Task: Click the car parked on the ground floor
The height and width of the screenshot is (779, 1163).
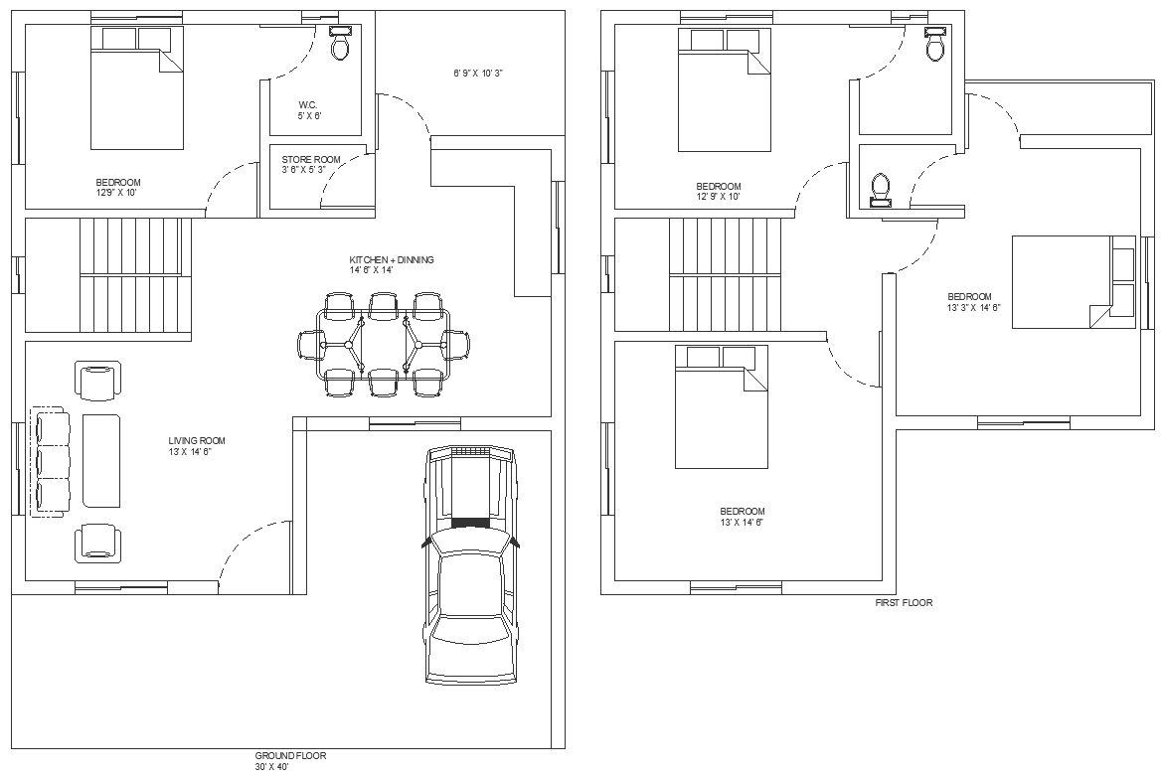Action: click(x=470, y=564)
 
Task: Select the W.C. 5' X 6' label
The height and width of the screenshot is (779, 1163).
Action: click(x=309, y=110)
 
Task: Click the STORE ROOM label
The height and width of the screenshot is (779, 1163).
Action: click(x=311, y=159)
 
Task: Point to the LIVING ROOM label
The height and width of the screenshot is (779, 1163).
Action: click(x=197, y=441)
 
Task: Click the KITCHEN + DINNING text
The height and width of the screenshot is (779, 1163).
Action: click(x=392, y=260)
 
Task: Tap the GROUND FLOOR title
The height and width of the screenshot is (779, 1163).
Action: click(x=290, y=756)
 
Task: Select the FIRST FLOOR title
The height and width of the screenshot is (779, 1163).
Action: click(x=904, y=602)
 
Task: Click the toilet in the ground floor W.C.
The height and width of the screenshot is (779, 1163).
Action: click(x=340, y=44)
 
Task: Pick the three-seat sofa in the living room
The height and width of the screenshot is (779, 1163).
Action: click(x=50, y=460)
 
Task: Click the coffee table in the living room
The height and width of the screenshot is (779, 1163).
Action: click(x=101, y=460)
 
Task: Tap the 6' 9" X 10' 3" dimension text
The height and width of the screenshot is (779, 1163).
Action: click(x=479, y=74)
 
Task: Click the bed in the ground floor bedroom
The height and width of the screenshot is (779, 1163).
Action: click(x=136, y=88)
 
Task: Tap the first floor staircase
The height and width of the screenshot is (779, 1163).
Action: click(x=725, y=275)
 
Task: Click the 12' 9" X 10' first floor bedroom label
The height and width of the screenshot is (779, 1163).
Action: click(x=718, y=197)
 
